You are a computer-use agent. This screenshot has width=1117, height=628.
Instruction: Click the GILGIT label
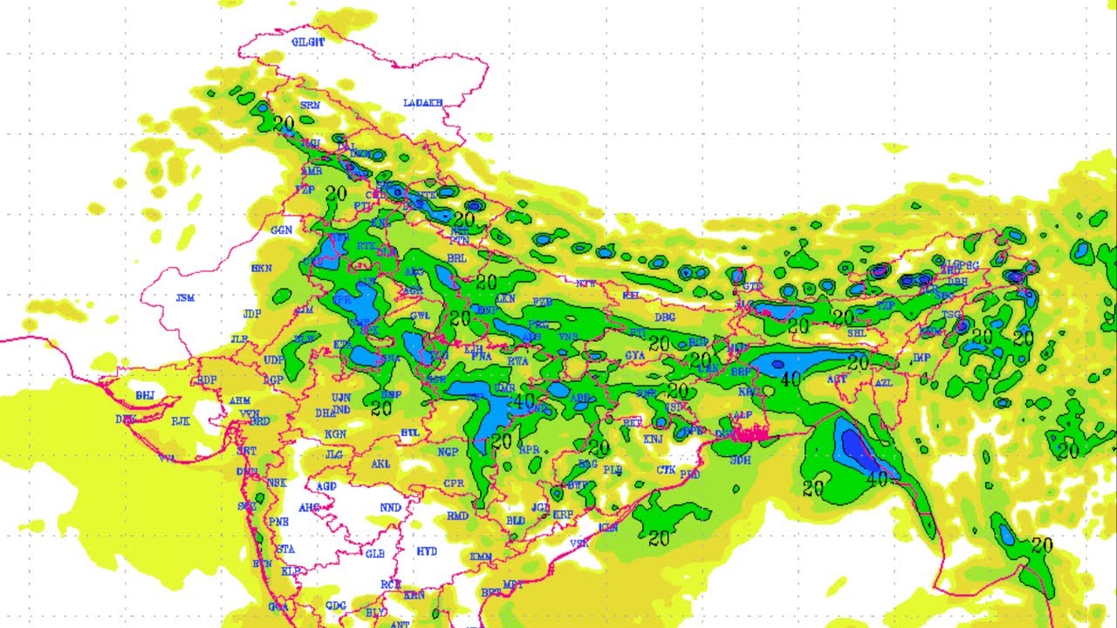pos(308,42)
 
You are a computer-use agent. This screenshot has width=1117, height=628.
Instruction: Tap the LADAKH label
pos(423,103)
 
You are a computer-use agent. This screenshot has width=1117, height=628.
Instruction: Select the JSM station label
pos(185,298)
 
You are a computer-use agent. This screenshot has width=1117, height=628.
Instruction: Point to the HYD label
pos(427,551)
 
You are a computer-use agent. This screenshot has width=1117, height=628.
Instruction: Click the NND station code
pos(390,508)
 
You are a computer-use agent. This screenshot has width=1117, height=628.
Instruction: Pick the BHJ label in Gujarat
pos(145,396)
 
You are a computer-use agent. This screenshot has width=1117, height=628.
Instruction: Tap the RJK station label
pos(181,421)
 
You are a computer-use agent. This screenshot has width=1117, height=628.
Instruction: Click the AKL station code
pos(380,465)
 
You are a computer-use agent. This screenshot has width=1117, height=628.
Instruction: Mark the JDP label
pos(252,314)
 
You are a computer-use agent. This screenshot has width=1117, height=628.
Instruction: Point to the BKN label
pos(261,268)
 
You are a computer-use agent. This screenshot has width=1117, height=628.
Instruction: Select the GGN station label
pos(281,231)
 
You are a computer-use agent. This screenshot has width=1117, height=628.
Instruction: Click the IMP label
pos(922,358)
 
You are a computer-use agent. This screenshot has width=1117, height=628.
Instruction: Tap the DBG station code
pos(665,317)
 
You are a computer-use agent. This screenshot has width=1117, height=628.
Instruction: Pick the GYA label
pos(634,356)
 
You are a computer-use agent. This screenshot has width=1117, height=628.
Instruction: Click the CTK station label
pos(666,470)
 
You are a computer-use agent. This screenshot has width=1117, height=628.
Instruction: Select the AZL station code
pos(883,383)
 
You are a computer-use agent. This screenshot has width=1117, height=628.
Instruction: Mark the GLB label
pos(374,555)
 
